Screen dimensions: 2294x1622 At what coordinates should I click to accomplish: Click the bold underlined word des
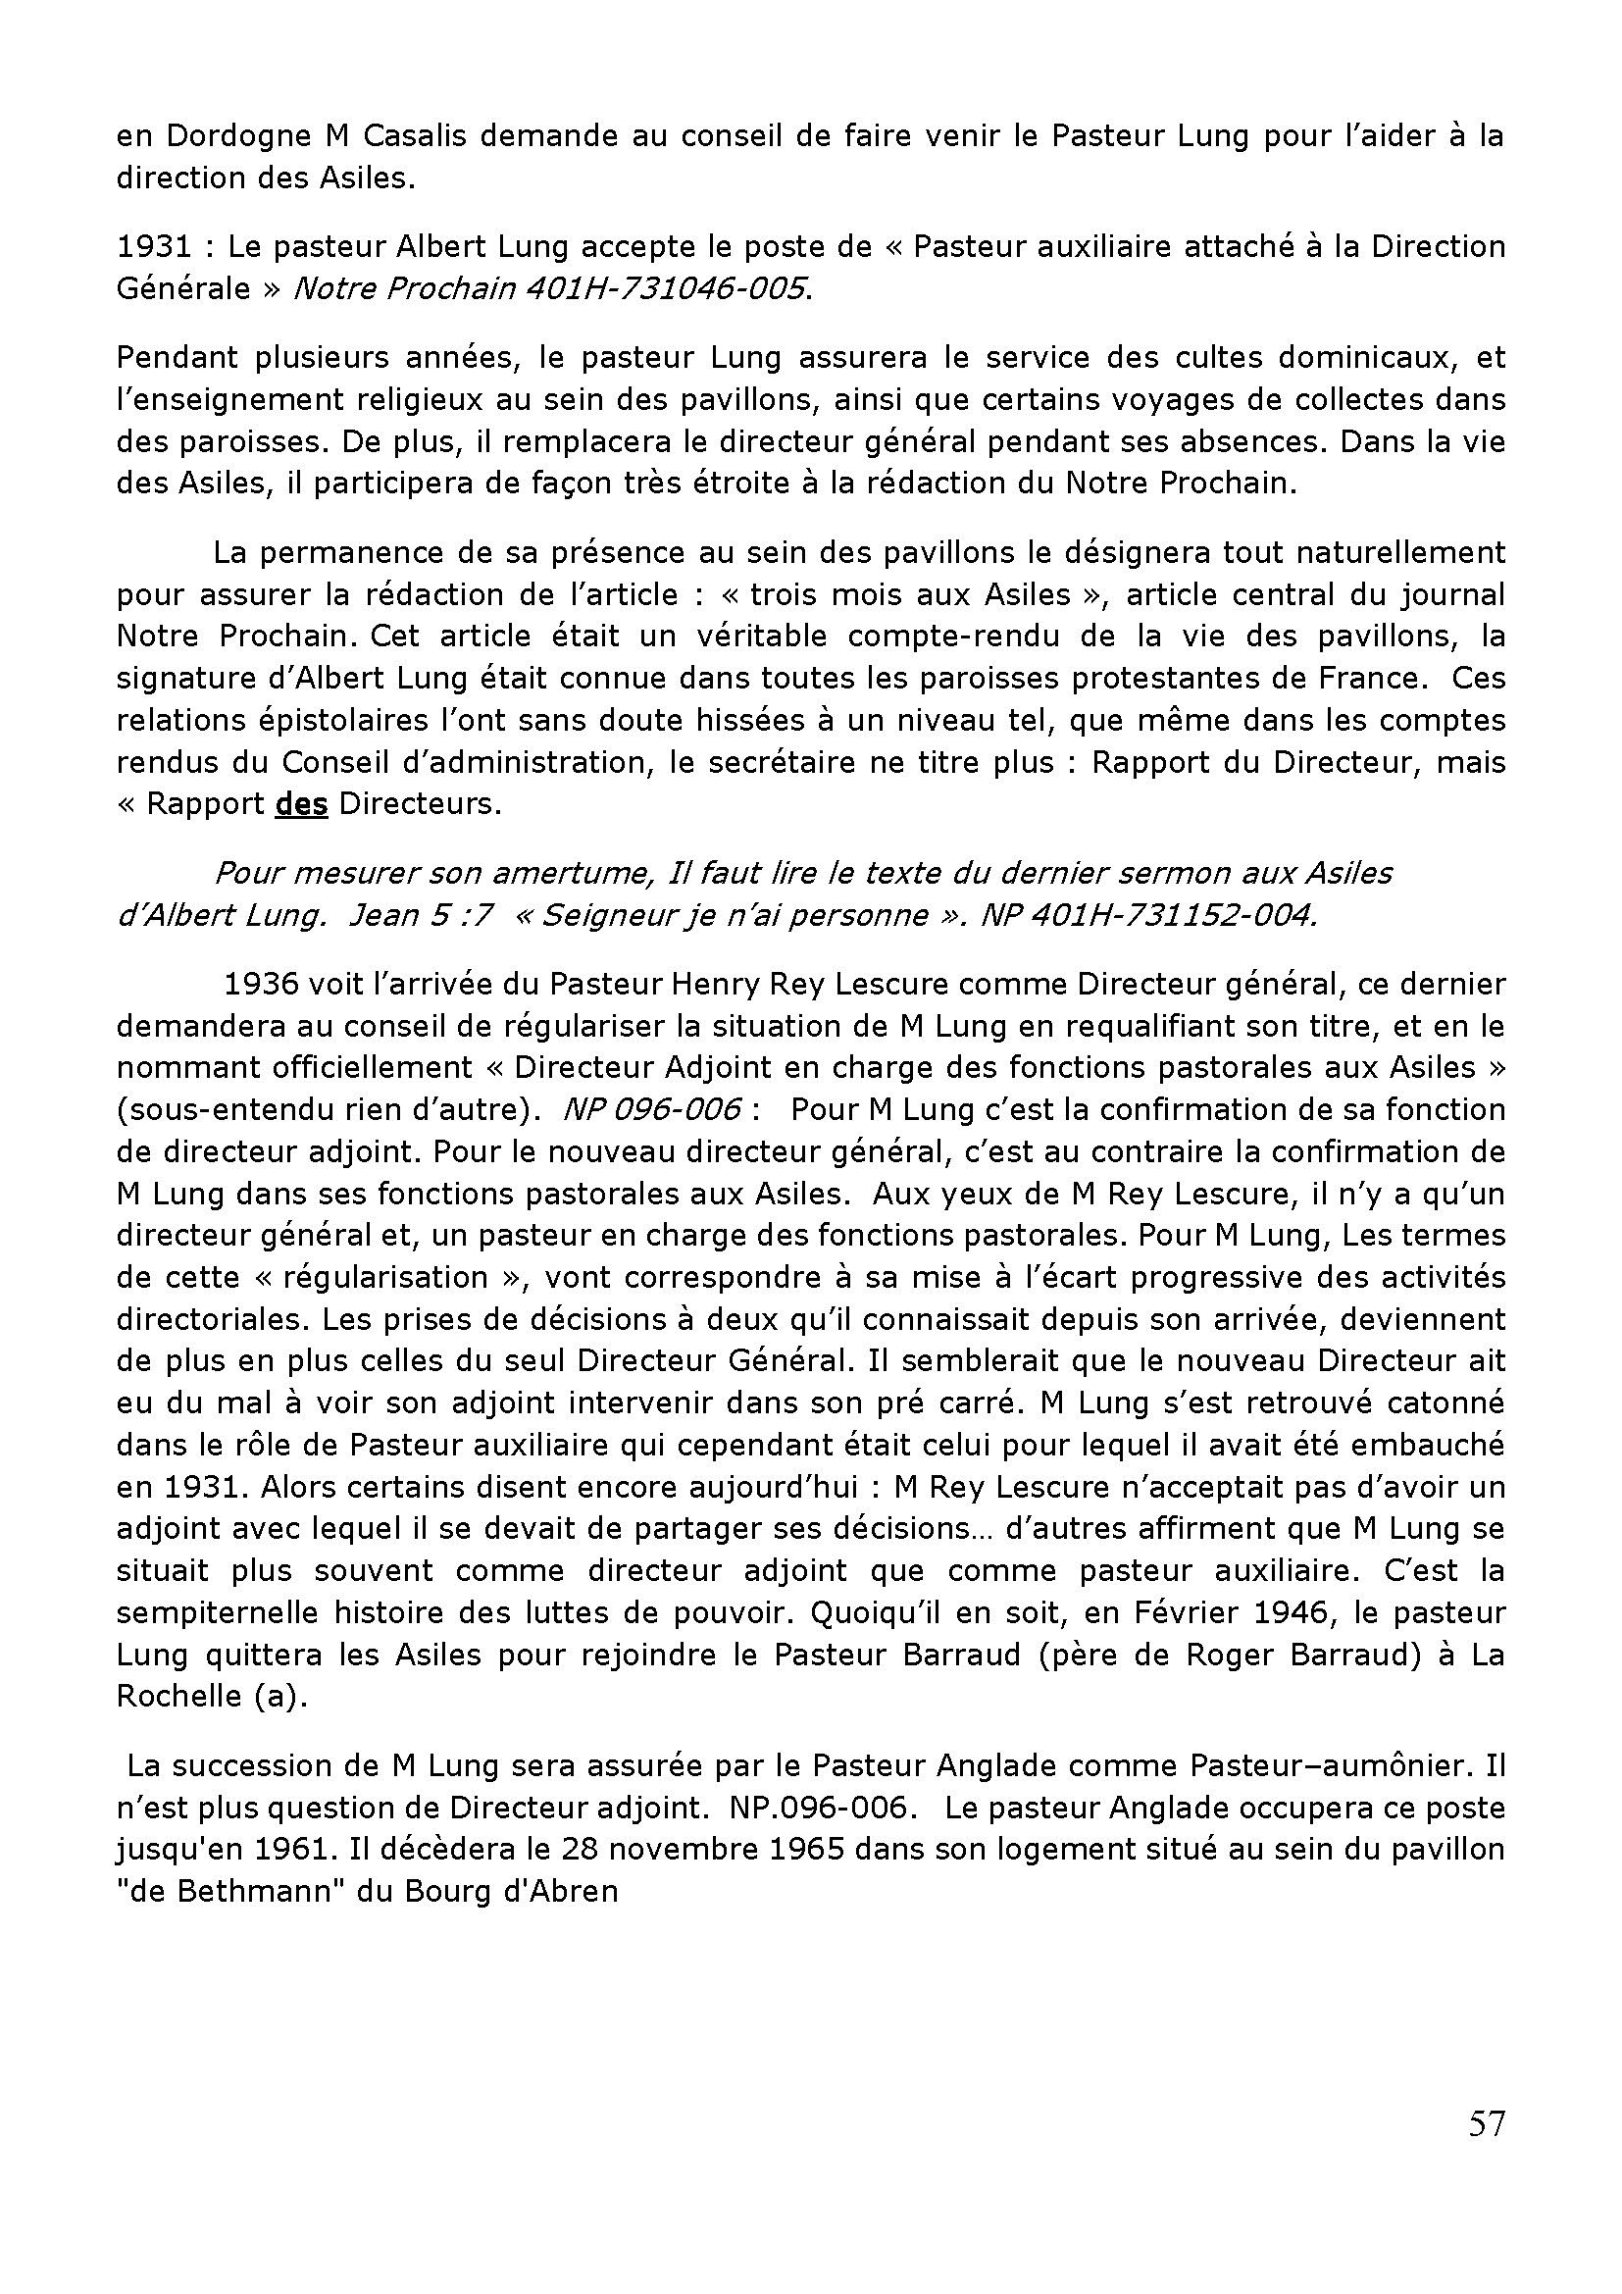(x=302, y=804)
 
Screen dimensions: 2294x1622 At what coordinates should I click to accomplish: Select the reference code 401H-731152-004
(x=1147, y=915)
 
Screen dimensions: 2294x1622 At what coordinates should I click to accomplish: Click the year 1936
(x=261, y=984)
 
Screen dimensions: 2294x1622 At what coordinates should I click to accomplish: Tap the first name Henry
(x=715, y=984)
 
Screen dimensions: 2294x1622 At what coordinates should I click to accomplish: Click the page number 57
(x=1485, y=2150)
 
